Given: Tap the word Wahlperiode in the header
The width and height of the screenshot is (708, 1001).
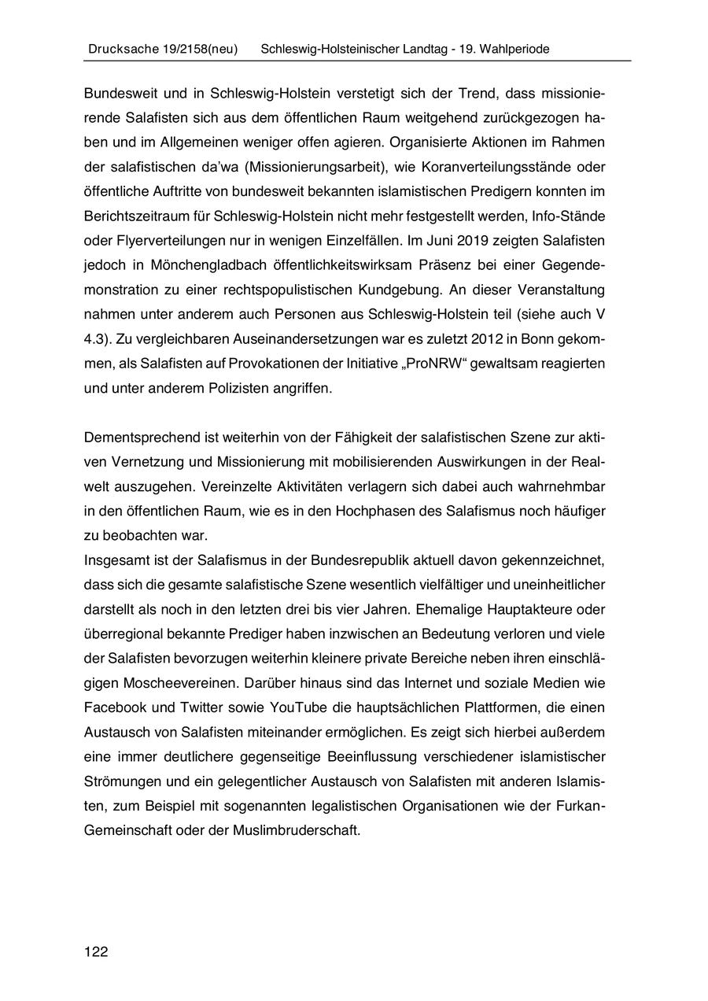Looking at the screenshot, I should click(511, 49).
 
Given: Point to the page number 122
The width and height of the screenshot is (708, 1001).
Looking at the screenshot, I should click(96, 952).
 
